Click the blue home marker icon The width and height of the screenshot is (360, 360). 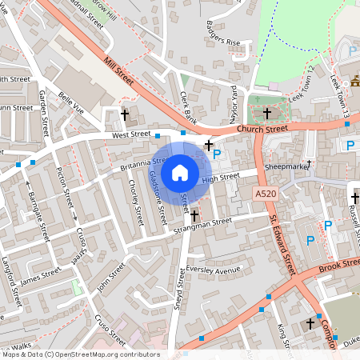coord(180,172)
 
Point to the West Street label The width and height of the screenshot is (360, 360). coord(130,134)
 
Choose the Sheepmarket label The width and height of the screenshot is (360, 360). coord(287,166)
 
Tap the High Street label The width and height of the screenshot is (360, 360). coord(221,178)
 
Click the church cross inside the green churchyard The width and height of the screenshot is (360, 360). coord(267,114)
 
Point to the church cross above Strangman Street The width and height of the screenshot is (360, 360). coord(194,215)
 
